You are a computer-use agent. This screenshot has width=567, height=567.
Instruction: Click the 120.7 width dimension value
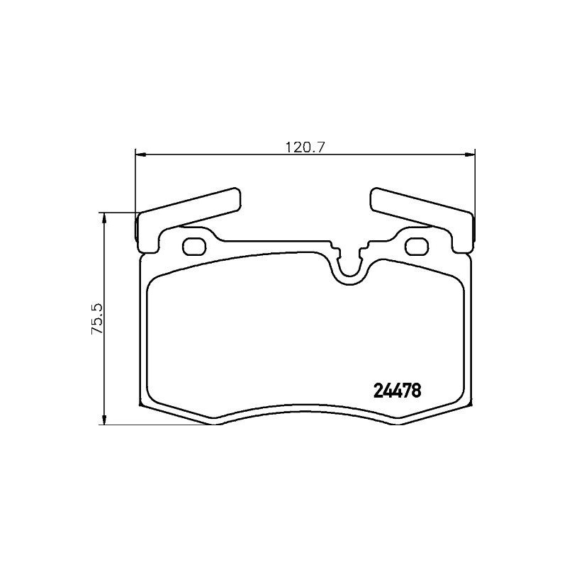coord(304,147)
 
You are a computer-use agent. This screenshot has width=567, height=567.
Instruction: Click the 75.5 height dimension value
coord(97,318)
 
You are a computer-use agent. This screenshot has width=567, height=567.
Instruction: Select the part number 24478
coord(397,390)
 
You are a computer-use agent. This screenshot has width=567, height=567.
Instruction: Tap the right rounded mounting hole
coord(415,246)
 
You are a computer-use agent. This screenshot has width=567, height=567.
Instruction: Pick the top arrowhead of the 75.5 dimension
coord(105,216)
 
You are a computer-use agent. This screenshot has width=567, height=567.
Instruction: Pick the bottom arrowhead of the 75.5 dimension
coord(105,420)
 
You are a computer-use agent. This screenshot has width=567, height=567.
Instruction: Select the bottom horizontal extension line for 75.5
coord(156,425)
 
